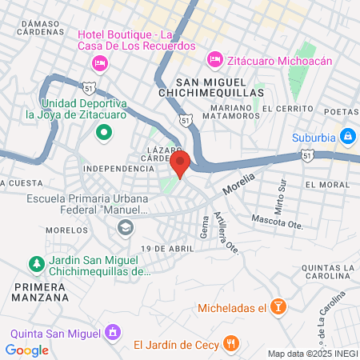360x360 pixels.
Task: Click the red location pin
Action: (180, 163)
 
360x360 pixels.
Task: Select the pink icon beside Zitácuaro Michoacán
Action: (214, 59)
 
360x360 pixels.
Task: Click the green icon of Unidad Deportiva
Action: (102, 133)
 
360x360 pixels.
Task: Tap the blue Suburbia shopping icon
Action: (347, 137)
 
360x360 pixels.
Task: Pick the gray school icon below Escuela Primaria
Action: (126, 229)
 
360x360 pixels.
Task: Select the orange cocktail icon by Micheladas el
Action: (278, 307)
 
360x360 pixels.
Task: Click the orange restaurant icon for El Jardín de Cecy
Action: (231, 345)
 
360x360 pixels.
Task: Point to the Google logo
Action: (26, 350)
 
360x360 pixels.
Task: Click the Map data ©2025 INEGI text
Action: (312, 354)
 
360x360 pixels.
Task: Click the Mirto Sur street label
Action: (280, 197)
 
